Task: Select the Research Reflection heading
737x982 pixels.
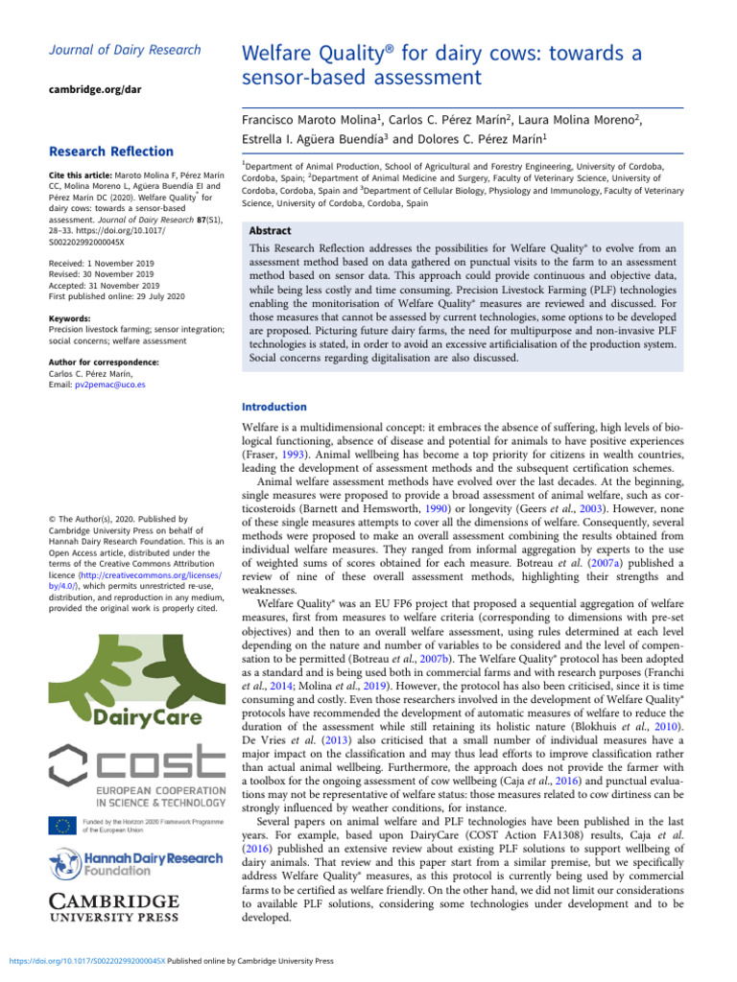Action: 111,152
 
